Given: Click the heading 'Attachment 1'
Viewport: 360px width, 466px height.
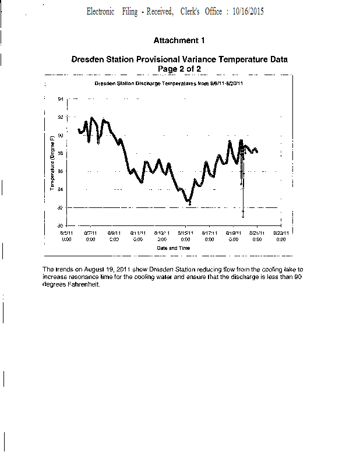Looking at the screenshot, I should coord(179,41).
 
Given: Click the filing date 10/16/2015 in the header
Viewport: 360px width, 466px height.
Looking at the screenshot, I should coord(245,12).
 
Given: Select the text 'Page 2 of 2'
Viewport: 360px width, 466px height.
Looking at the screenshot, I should coord(179,69).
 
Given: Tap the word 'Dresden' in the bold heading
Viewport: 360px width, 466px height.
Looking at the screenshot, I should coord(87,59).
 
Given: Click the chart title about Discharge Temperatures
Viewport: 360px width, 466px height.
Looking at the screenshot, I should coord(168,83).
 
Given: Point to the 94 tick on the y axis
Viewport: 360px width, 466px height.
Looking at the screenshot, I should coord(61,100).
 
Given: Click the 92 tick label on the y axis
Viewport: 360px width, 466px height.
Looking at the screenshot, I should coord(61,118).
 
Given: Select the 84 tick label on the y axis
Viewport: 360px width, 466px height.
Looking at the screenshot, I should coord(61,189).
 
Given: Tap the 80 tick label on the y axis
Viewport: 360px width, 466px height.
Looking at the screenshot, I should coord(61,225).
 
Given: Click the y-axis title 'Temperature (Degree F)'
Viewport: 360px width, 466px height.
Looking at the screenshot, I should coord(52,163).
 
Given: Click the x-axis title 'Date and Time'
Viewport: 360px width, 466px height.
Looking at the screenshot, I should coord(173,248).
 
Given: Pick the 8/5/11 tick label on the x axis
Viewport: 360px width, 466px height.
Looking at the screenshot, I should coord(66,233).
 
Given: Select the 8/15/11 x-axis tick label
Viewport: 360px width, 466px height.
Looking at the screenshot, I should coord(185,233).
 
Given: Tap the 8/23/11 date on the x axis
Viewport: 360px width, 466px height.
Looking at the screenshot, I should coord(281,233).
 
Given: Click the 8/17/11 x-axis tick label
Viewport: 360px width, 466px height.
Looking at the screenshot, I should coord(209,233).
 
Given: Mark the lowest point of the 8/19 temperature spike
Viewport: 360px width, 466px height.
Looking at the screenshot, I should coord(243,217).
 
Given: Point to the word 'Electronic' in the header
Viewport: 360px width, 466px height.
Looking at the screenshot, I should coord(101,12).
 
